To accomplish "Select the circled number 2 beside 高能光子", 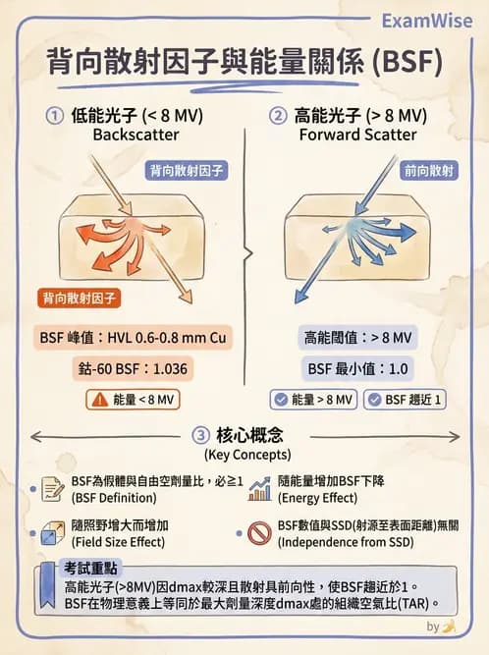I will click(280, 115).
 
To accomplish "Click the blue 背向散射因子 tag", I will click(187, 170).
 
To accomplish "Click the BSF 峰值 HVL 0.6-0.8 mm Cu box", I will click(132, 337).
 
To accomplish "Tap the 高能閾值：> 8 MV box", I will click(356, 337).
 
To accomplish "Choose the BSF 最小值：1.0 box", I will click(356, 368).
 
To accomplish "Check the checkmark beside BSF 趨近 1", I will click(374, 400).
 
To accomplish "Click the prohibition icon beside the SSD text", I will click(259, 532).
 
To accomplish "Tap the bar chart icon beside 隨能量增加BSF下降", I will click(260, 487).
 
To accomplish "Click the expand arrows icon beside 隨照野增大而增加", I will click(52, 532).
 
